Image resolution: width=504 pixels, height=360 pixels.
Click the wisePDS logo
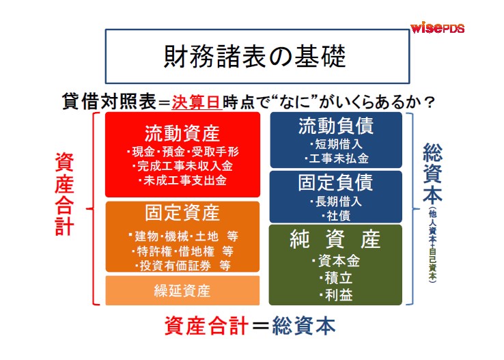[438, 27]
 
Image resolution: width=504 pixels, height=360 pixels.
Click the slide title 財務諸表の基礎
[255, 56]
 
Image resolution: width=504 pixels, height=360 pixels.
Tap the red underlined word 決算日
[197, 102]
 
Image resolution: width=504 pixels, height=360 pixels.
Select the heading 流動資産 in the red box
[182, 133]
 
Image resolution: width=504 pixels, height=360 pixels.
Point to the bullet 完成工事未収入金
[182, 166]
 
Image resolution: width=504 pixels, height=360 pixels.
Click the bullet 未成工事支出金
[182, 180]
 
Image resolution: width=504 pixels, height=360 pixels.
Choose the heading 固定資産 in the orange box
[182, 212]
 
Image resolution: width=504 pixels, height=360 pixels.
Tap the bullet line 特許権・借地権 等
[182, 251]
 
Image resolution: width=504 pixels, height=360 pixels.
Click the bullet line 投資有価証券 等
[182, 266]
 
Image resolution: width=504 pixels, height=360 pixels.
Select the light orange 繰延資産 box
[182, 290]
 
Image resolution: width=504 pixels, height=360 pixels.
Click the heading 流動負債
[336, 126]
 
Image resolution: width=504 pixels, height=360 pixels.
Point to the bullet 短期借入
[336, 144]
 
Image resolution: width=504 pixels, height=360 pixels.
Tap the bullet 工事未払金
[336, 158]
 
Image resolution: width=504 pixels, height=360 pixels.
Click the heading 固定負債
[336, 182]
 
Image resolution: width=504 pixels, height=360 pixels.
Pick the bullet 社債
[336, 216]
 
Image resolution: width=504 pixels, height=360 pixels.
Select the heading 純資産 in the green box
[335, 239]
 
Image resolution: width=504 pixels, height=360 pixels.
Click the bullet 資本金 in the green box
[336, 261]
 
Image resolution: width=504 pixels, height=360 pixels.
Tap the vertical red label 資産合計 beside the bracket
[64, 194]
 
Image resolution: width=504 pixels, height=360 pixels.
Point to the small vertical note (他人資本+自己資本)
[433, 245]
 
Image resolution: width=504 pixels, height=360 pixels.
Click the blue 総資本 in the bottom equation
[304, 326]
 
